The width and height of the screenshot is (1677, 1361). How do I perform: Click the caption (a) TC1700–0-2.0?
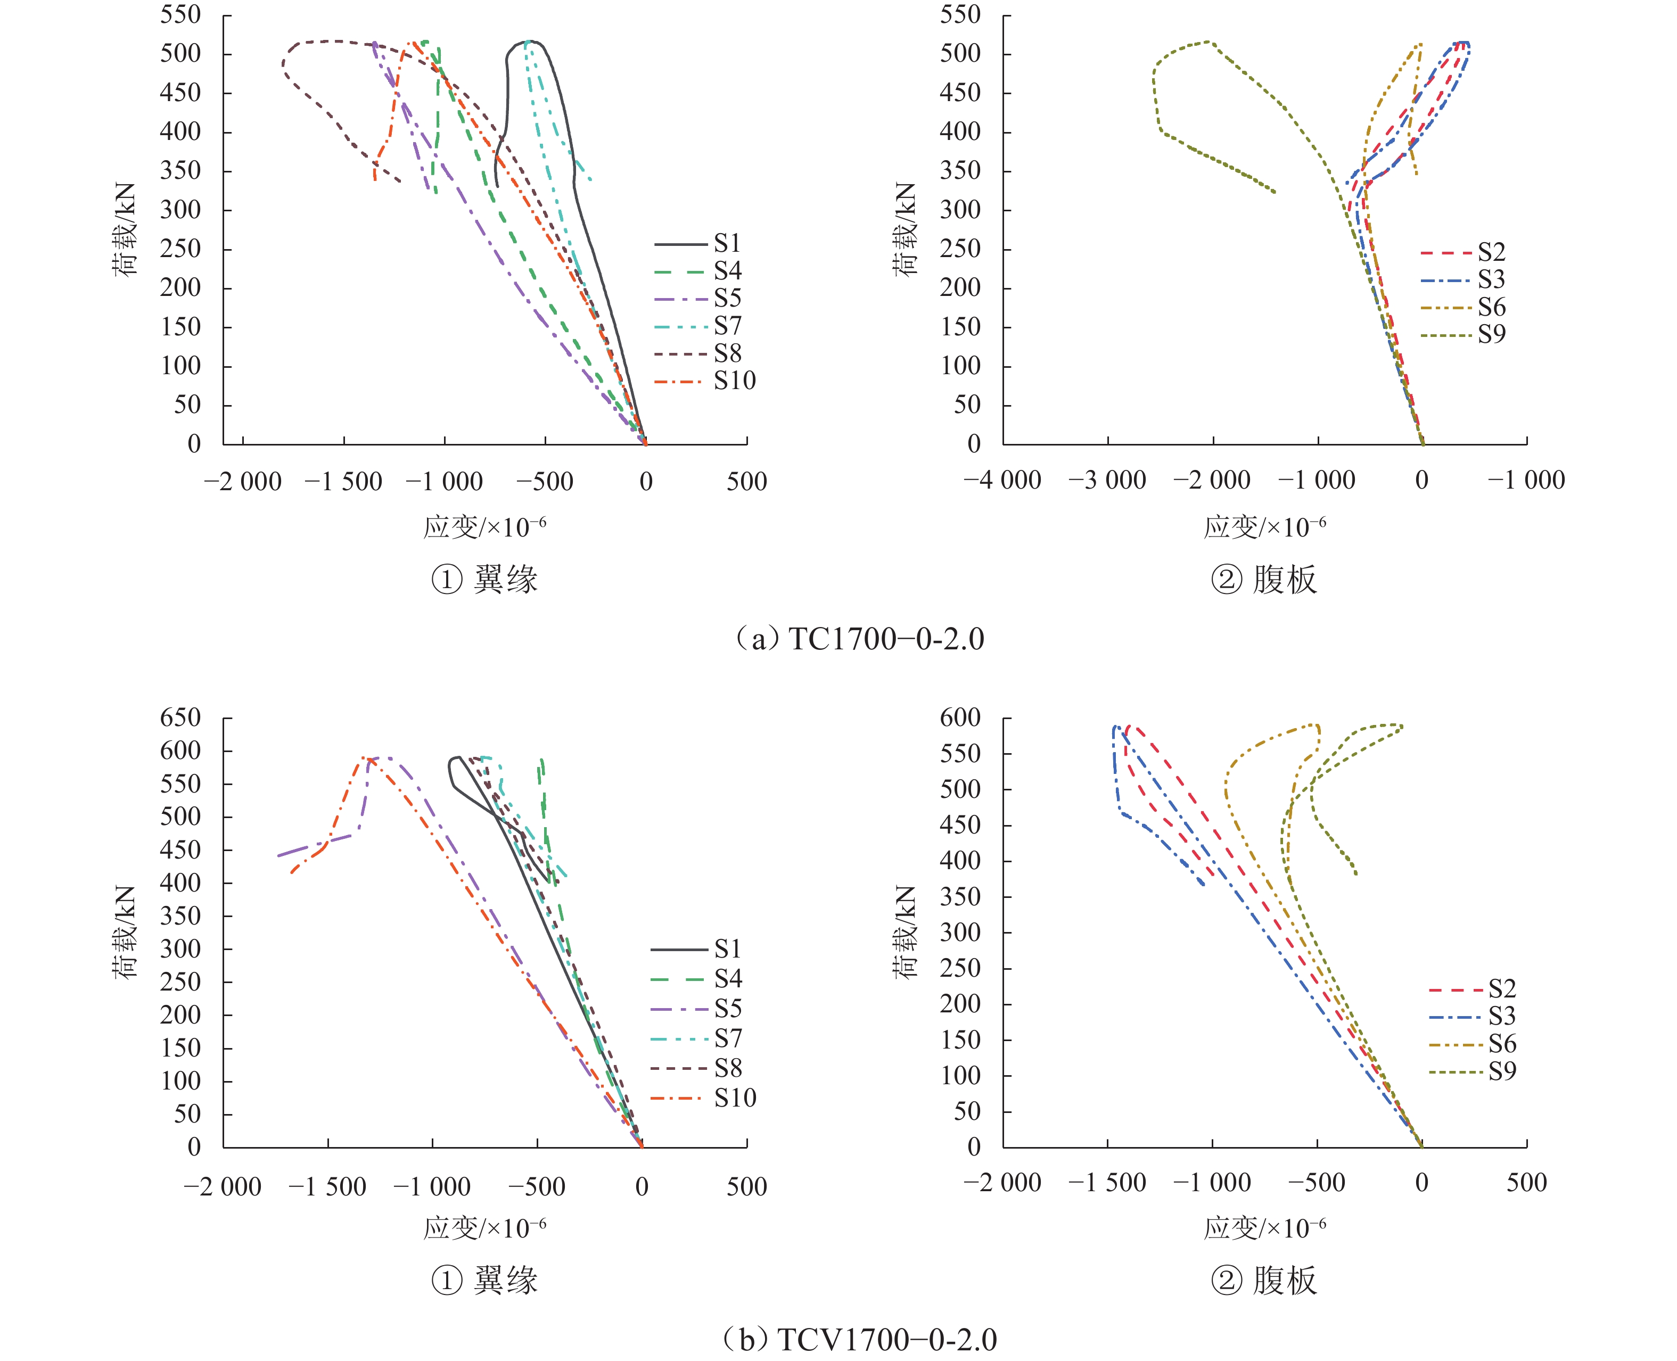(859, 639)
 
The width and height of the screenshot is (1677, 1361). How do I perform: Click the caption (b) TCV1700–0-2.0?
(859, 1339)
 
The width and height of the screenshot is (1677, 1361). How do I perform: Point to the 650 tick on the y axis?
(180, 717)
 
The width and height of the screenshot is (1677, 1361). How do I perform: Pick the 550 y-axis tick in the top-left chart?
(180, 15)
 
